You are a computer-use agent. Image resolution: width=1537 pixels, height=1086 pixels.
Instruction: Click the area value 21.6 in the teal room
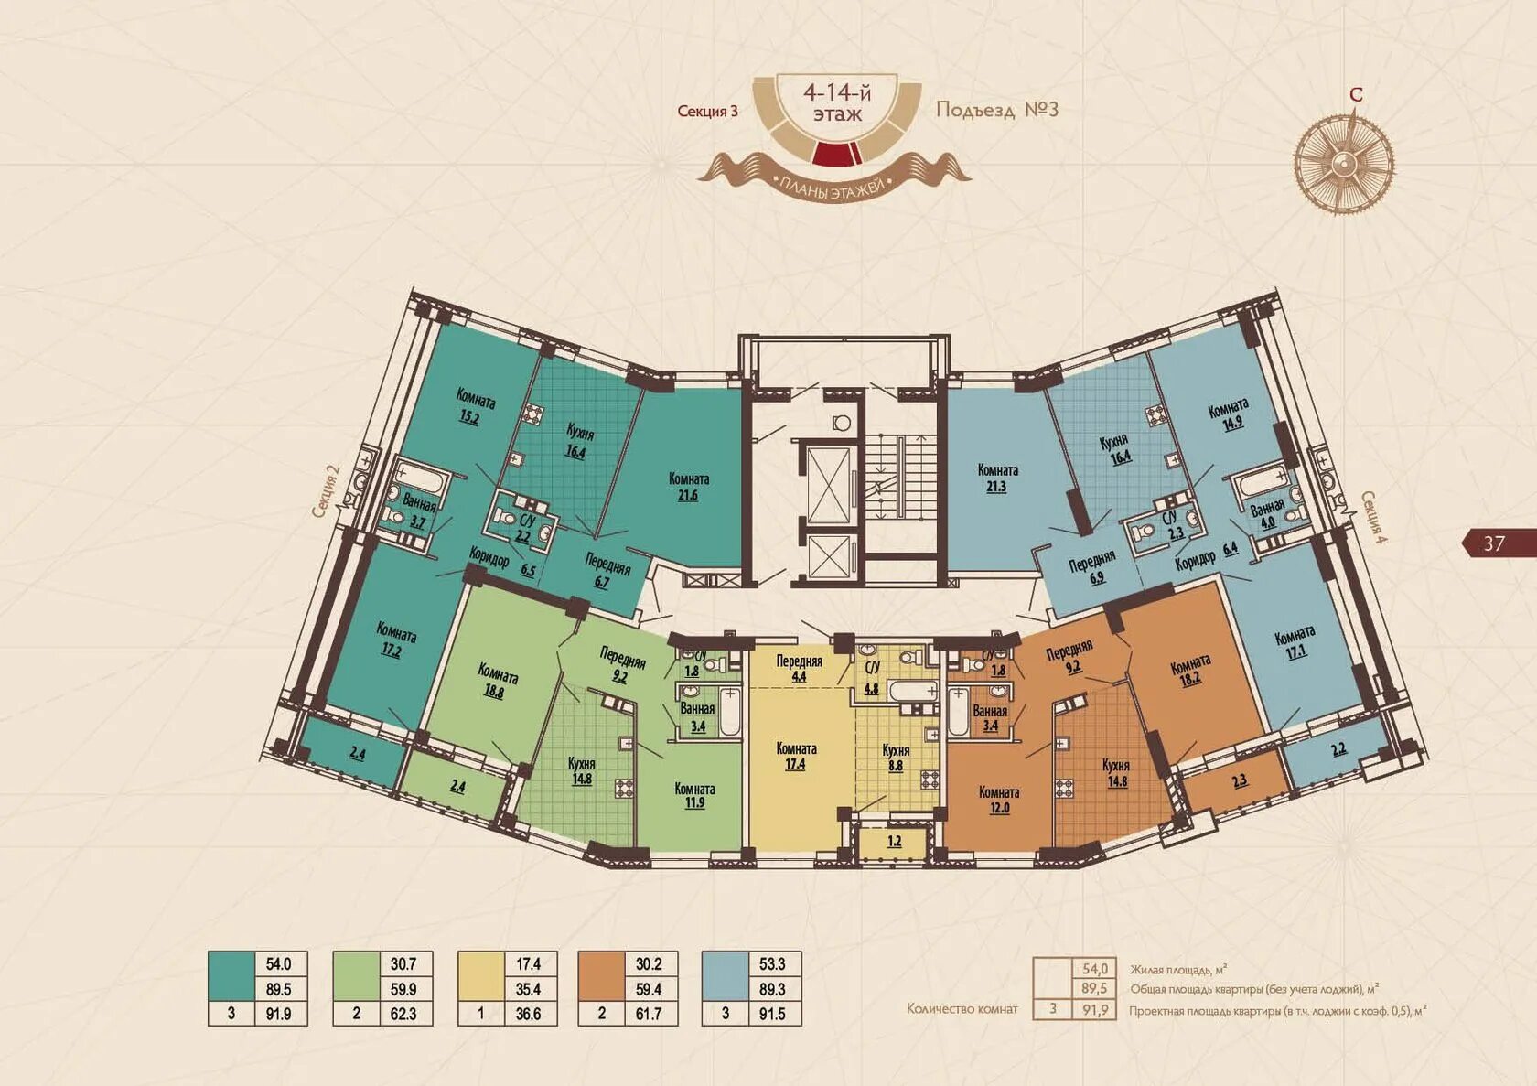(x=687, y=495)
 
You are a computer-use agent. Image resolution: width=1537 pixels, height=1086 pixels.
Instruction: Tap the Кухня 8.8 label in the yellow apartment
(x=896, y=758)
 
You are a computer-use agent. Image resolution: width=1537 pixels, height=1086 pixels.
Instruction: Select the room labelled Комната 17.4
(x=796, y=756)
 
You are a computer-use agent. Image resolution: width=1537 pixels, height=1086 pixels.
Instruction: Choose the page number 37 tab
(x=1499, y=543)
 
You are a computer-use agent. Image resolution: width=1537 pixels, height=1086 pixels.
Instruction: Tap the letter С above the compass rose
(x=1355, y=94)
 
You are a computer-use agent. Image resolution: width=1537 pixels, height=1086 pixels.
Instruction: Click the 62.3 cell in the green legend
(x=403, y=1014)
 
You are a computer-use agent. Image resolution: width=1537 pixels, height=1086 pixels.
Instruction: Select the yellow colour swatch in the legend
(x=480, y=976)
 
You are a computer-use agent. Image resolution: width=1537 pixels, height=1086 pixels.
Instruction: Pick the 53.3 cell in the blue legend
(x=772, y=964)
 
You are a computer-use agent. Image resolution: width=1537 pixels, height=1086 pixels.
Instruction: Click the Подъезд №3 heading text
(x=997, y=110)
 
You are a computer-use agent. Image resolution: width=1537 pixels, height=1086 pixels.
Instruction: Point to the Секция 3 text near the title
(x=707, y=111)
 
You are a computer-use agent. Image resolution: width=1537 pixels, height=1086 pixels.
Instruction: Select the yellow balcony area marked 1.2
(x=893, y=842)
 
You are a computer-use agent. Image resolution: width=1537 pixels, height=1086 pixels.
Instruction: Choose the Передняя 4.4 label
(x=800, y=668)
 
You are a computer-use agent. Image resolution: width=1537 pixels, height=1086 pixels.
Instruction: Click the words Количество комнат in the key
(x=962, y=1008)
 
